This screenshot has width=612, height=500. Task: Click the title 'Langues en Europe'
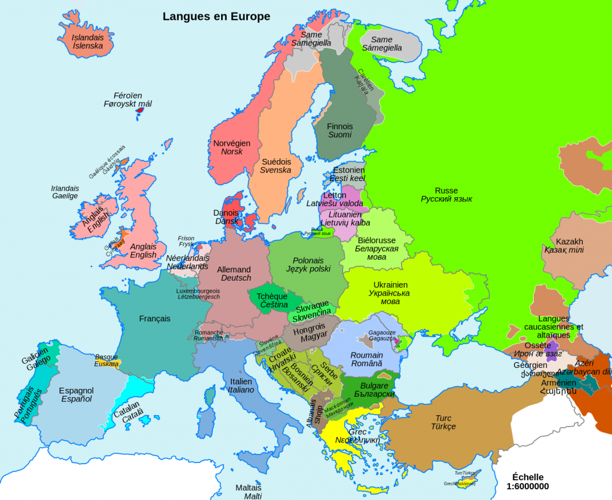point(216,16)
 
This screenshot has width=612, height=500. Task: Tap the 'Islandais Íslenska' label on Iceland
point(87,41)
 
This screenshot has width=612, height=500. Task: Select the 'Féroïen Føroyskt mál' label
point(128,99)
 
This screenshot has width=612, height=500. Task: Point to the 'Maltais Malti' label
point(249,492)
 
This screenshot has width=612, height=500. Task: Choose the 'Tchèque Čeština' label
point(272,300)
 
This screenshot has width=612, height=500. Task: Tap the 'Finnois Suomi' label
point(339,130)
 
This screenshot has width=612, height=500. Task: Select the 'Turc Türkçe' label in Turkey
point(443,422)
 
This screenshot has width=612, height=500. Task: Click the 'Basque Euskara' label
point(106,360)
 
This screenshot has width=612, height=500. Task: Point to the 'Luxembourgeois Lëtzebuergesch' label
point(198,293)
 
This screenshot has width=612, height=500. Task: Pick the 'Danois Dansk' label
point(226,216)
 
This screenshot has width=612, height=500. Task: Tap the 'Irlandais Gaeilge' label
point(65,192)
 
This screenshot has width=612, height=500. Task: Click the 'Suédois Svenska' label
point(276,165)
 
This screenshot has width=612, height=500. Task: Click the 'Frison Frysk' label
point(186,241)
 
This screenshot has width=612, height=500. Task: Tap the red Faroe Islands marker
point(140,110)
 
